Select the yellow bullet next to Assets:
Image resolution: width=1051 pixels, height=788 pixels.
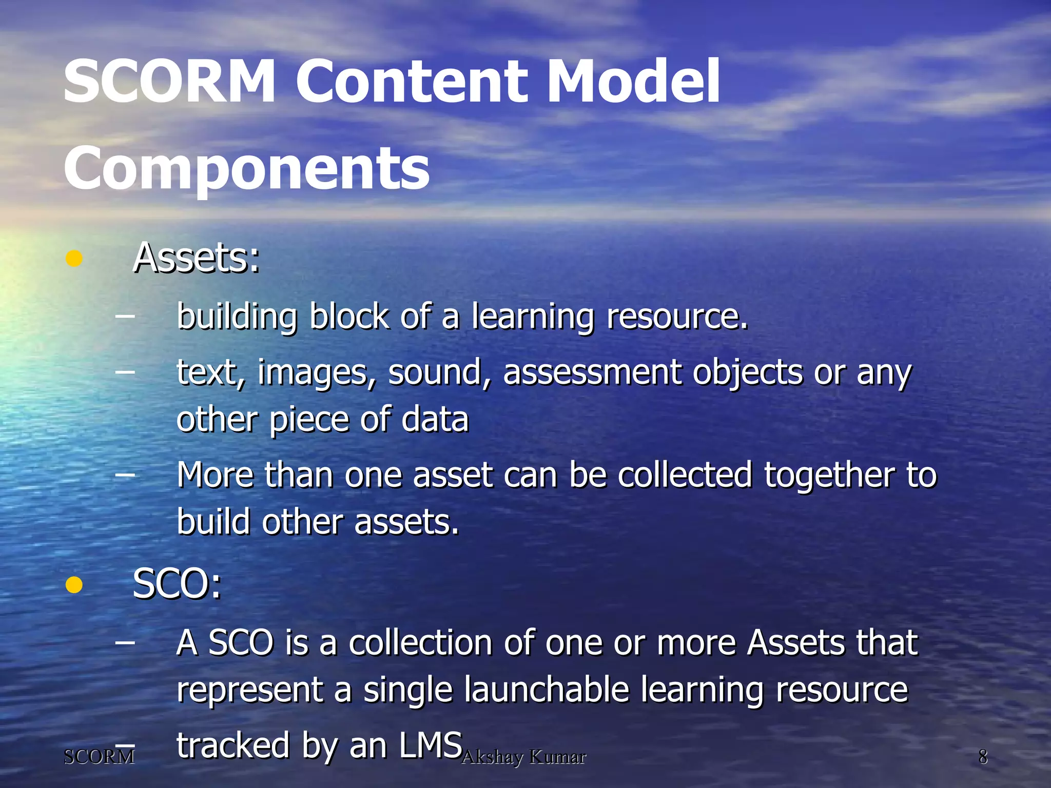[74, 258]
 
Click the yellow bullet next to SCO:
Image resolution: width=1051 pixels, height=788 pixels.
[74, 584]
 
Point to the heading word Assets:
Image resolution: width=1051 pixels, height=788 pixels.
[196, 258]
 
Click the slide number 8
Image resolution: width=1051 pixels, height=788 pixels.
[983, 756]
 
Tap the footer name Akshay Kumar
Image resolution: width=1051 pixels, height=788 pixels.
[523, 757]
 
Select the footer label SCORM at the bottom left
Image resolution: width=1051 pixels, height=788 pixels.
[99, 756]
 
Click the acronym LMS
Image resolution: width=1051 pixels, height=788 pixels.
[431, 745]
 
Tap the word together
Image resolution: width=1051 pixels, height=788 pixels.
[829, 476]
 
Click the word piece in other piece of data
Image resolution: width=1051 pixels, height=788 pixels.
[309, 419]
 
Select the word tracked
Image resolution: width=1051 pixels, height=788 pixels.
[233, 745]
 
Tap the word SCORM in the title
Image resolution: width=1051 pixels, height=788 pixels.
[169, 81]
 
